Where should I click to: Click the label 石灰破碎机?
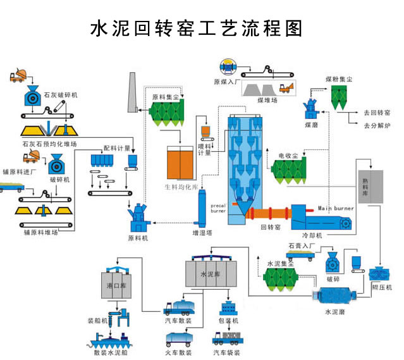61,95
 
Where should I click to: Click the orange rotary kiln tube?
269,213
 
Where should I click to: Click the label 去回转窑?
377,113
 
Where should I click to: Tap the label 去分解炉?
377,126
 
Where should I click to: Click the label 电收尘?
288,154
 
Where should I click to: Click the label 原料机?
137,238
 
